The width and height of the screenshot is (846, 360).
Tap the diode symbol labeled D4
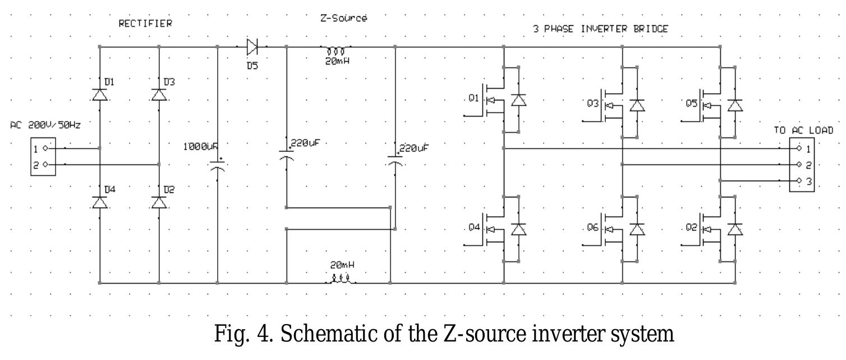pos(100,202)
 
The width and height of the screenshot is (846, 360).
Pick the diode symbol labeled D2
pos(159,202)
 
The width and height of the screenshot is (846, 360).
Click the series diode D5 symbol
pos(252,47)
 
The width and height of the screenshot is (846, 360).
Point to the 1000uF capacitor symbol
pos(218,167)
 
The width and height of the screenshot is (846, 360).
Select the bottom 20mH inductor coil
pos(340,278)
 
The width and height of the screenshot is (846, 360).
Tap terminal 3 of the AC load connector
pos(799,181)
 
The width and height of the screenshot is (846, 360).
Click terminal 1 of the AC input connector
pos(45,149)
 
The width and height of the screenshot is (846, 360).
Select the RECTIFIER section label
pos(145,24)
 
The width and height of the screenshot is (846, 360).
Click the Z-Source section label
pos(343,19)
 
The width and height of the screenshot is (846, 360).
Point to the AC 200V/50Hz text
pos(45,126)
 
